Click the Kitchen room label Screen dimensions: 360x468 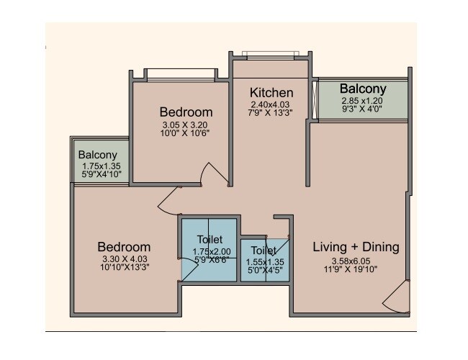click(x=271, y=93)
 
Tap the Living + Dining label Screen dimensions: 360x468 click(x=356, y=247)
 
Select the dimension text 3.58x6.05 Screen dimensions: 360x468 click(x=354, y=261)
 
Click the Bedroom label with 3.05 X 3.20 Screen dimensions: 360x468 click(x=186, y=112)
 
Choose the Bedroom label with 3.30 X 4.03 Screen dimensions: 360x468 click(x=124, y=246)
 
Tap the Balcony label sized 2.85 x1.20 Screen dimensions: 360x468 click(x=364, y=89)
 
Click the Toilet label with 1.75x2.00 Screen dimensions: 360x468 click(x=209, y=239)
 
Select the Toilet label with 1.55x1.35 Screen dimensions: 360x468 click(x=264, y=251)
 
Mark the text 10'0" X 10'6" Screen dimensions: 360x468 click(x=185, y=133)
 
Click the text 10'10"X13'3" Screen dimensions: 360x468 click(x=124, y=268)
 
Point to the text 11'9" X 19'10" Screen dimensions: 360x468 click(x=355, y=269)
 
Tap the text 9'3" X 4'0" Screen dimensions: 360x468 click(x=364, y=110)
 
